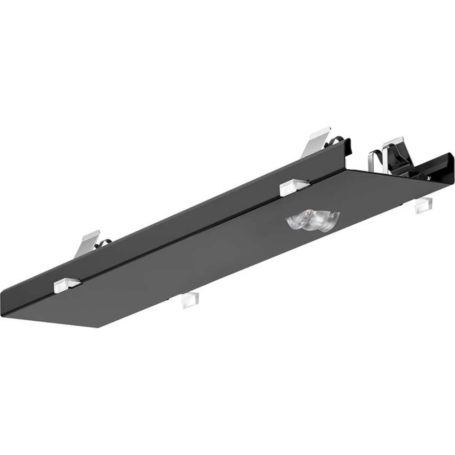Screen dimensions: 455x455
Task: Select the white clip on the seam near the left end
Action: click(x=66, y=284)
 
